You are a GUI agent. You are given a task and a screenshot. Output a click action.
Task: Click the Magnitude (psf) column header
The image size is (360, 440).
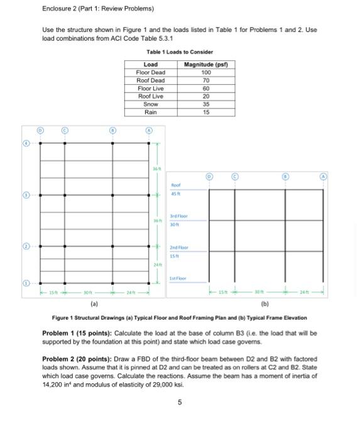coord(205,65)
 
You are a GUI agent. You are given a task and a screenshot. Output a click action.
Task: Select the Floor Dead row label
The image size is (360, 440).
coord(151,73)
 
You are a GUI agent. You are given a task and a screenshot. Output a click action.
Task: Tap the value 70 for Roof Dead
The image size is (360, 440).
coord(205,80)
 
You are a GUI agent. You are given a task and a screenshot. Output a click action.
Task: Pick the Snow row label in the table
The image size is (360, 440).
coord(151,104)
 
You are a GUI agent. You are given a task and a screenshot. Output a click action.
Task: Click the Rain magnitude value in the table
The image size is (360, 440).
coord(205,112)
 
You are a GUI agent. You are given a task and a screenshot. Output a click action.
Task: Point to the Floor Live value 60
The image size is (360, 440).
coord(205,89)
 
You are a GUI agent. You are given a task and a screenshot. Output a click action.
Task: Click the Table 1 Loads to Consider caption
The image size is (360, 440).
coord(180,52)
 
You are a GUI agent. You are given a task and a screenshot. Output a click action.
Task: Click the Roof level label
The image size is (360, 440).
coord(176,185)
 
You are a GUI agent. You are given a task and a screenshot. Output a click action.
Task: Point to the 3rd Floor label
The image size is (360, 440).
coord(180,216)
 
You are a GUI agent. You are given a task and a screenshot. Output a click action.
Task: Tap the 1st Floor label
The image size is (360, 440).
coord(179,277)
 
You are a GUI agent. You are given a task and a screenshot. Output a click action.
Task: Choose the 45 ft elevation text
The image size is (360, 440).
coord(176,193)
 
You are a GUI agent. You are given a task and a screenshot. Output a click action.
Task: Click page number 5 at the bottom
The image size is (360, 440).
coord(180,403)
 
